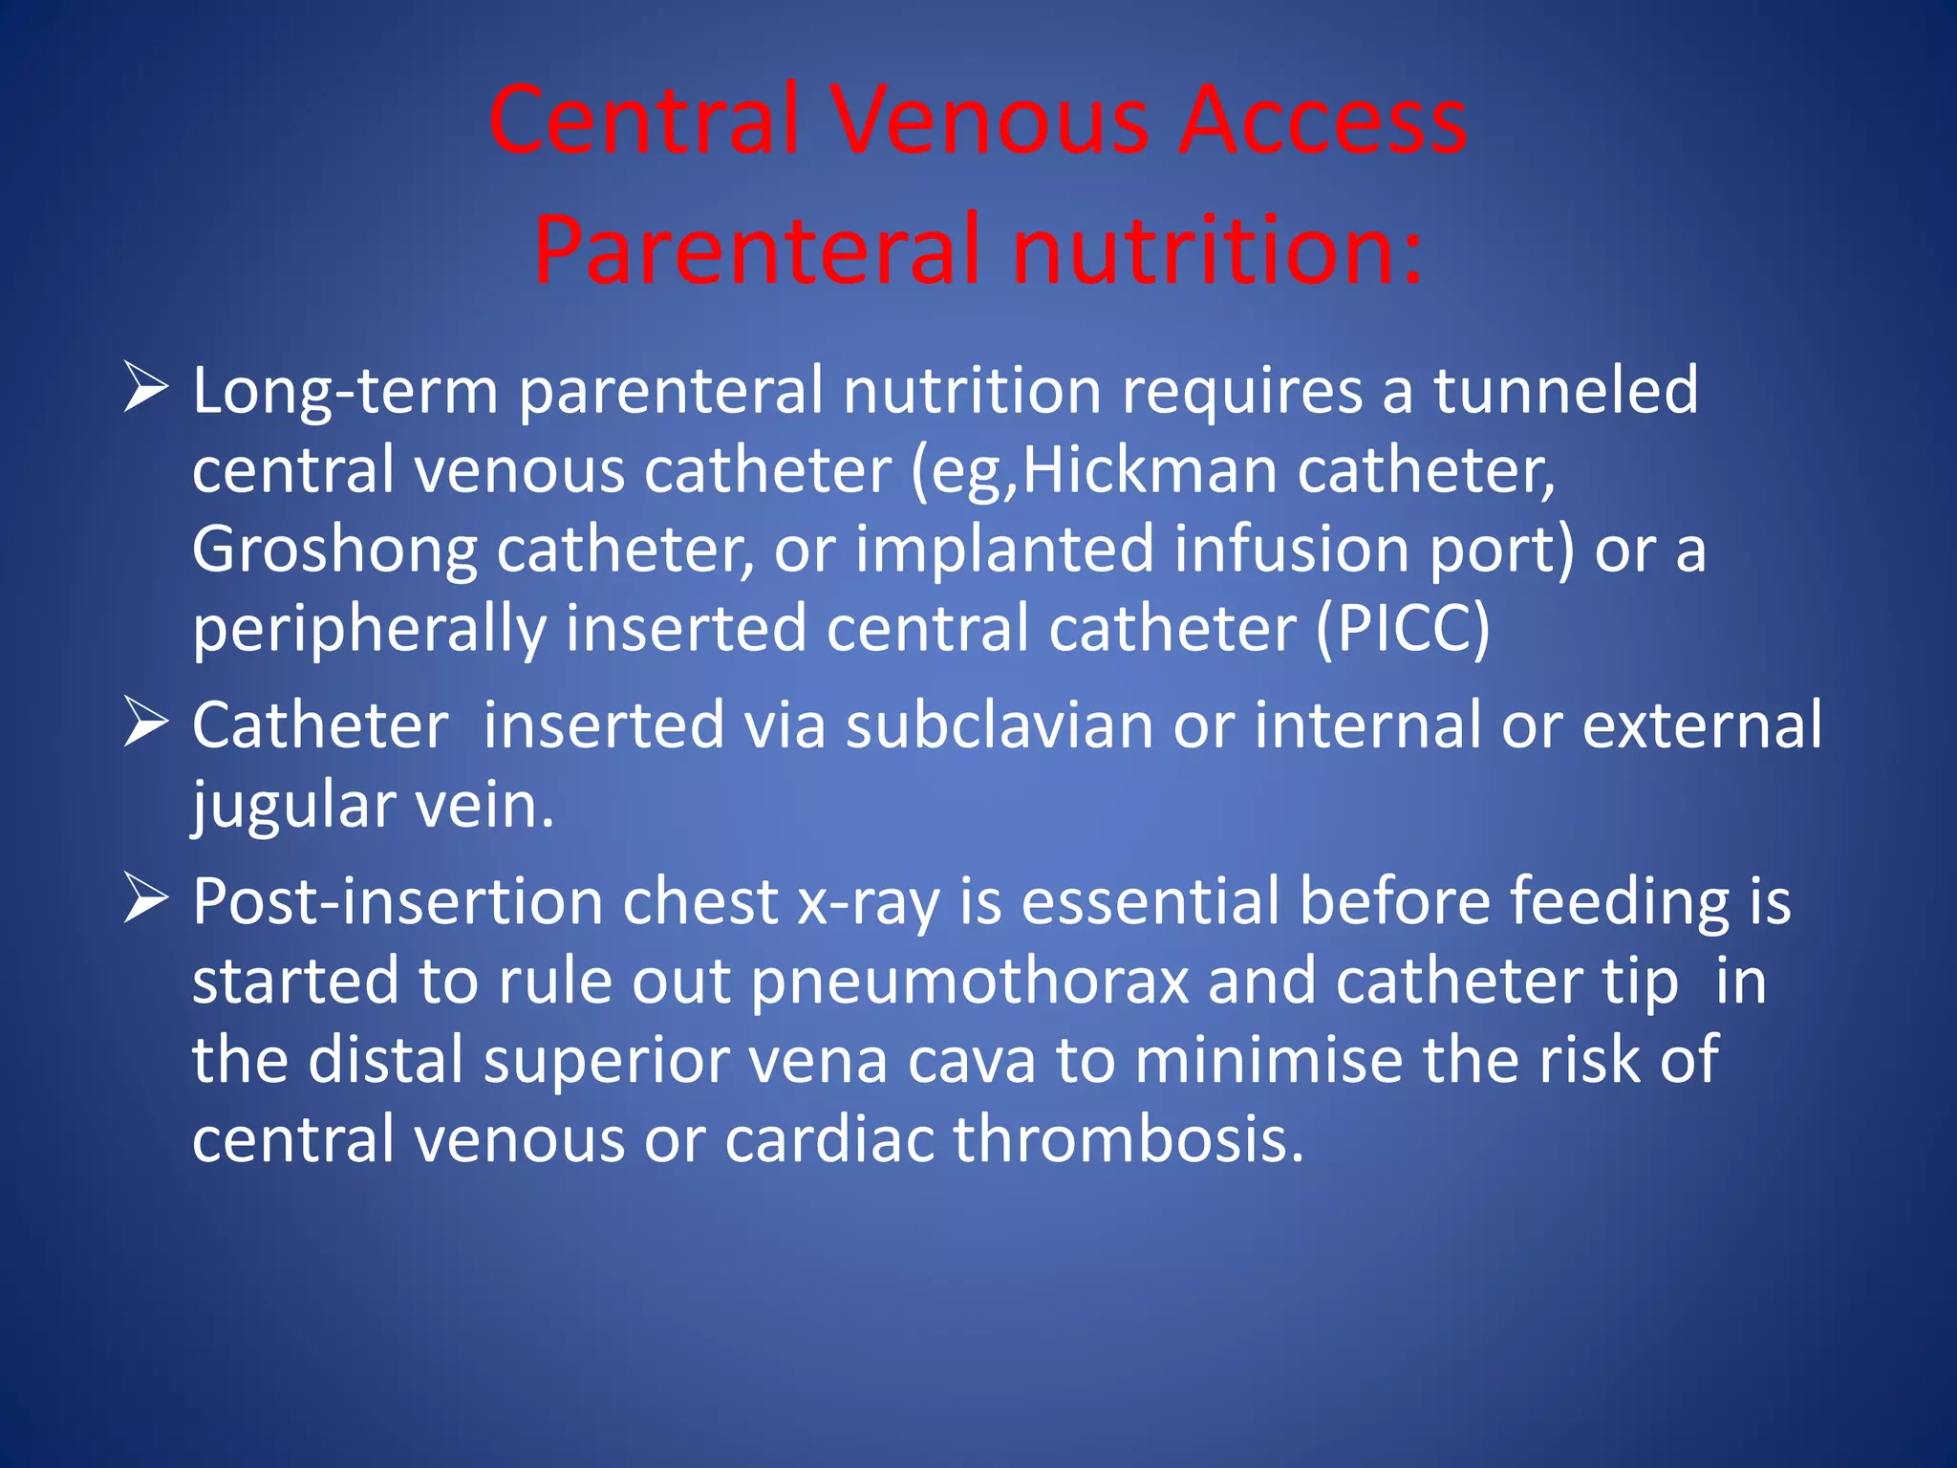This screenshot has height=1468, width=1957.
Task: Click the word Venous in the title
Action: click(x=988, y=120)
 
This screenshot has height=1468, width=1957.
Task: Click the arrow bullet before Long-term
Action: click(x=146, y=389)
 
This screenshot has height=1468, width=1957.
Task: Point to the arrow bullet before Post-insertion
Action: click(x=146, y=900)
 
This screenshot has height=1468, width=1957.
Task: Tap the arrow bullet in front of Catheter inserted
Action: click(x=146, y=723)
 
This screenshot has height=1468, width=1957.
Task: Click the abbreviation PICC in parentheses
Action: click(x=1403, y=629)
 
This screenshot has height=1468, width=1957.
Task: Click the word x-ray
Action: click(x=869, y=902)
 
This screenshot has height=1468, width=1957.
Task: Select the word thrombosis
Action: click(x=1128, y=1139)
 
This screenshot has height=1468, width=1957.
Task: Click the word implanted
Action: click(x=1004, y=550)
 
